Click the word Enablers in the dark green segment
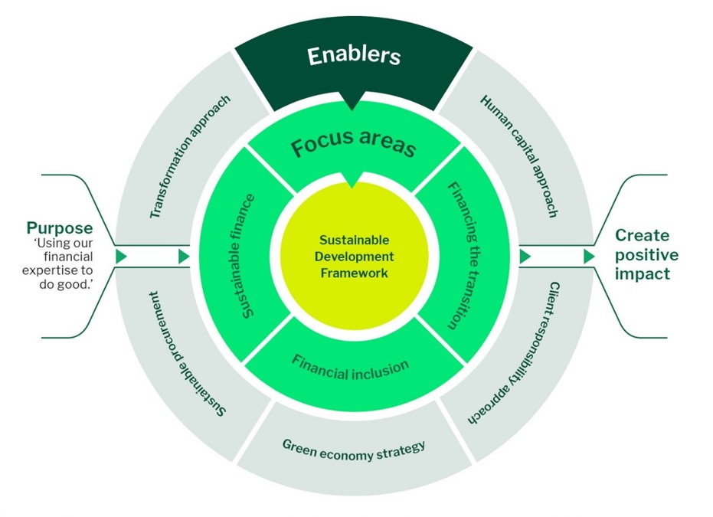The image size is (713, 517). tap(353, 56)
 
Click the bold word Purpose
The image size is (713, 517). tap(60, 228)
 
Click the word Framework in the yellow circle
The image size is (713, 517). tap(355, 272)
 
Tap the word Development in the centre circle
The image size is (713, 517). tap(354, 257)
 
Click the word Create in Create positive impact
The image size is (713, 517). tap(642, 235)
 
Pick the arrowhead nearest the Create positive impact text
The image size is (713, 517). tap(590, 257)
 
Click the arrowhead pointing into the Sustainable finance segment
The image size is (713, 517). tap(184, 257)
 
